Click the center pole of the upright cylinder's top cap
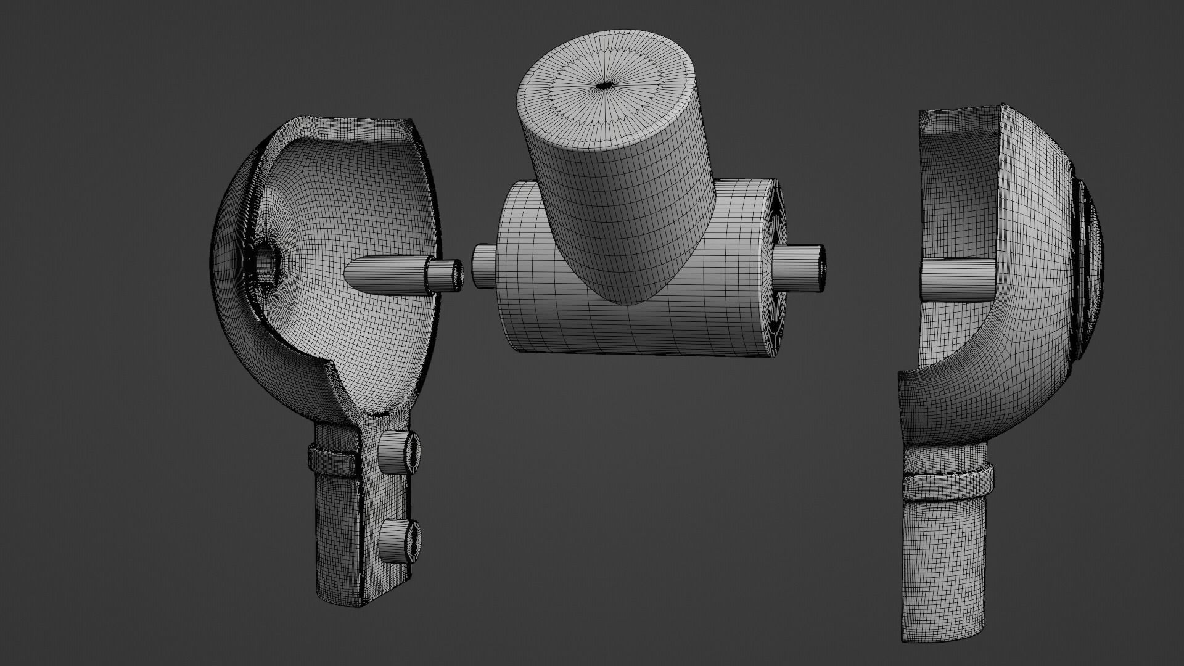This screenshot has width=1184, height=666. tap(603, 86)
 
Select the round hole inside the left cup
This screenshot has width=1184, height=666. tap(267, 262)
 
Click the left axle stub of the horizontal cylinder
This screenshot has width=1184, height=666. tap(483, 266)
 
